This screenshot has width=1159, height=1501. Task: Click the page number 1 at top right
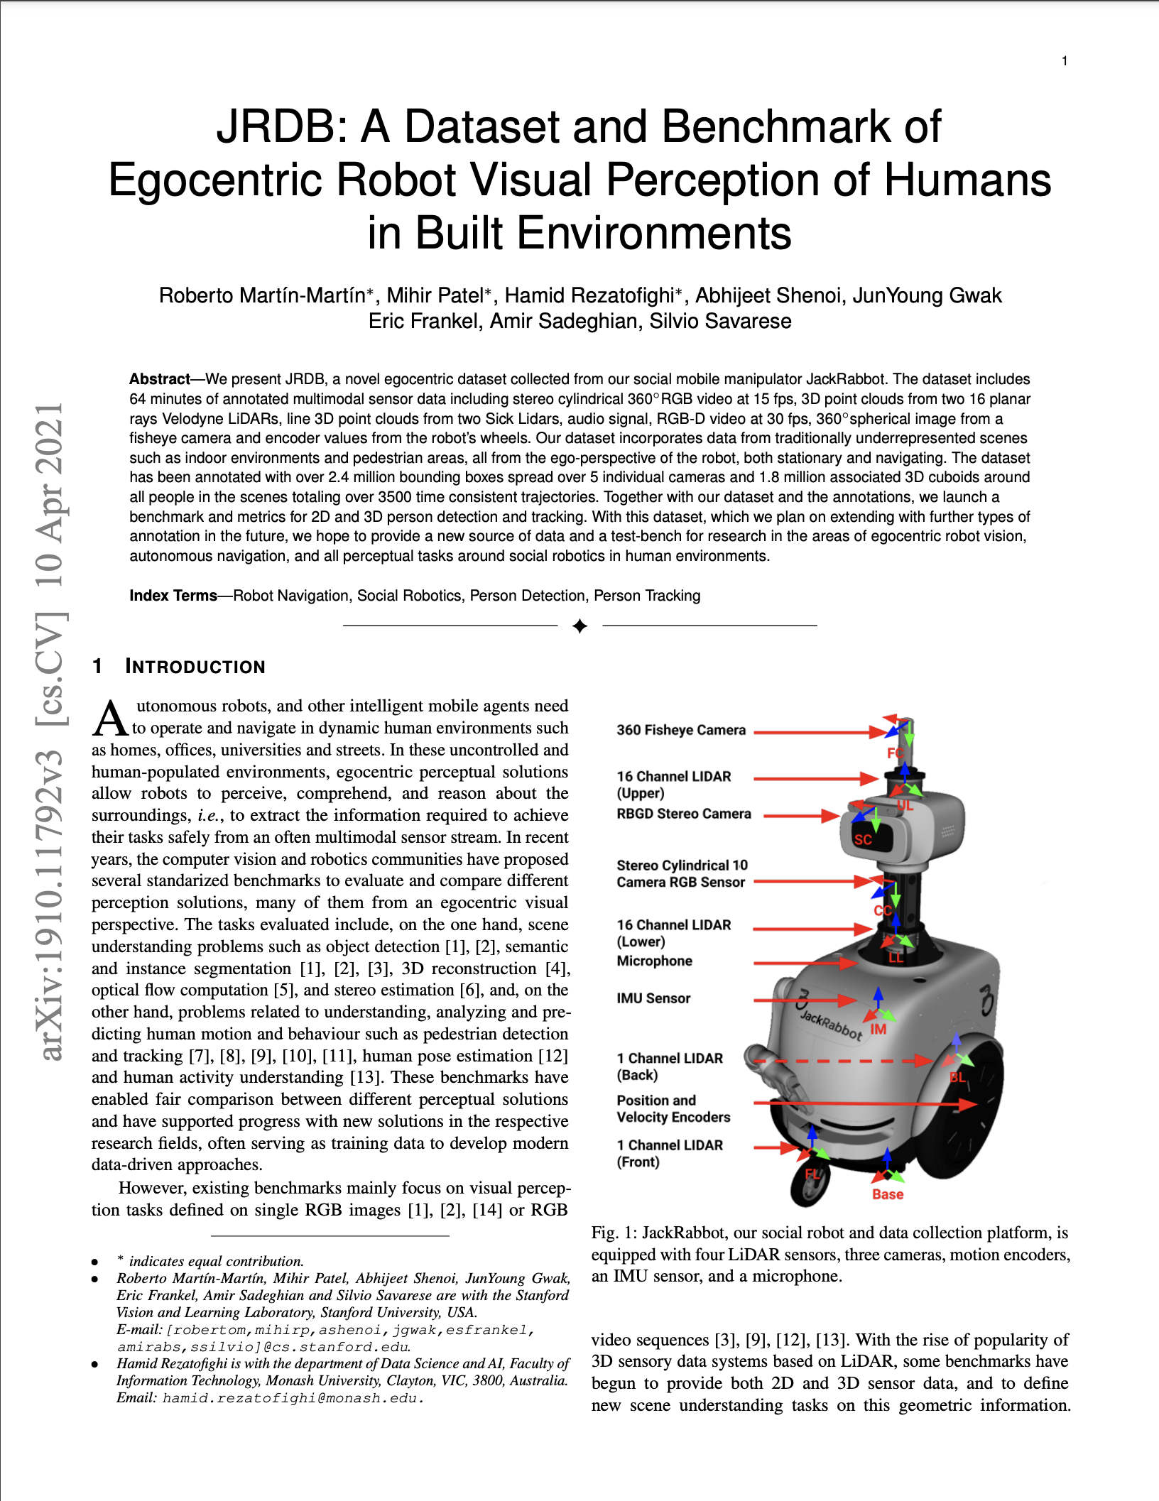point(1065,61)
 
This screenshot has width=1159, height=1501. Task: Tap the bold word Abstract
point(159,379)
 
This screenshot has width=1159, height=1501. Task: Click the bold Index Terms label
point(173,596)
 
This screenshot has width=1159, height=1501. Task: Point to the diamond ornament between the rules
point(579,626)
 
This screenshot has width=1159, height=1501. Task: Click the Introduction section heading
point(195,667)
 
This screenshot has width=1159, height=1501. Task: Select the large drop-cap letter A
point(110,718)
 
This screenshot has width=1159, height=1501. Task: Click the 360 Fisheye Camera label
point(680,730)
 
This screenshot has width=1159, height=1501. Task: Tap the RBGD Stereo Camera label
point(683,814)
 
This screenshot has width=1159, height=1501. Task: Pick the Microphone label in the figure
point(654,961)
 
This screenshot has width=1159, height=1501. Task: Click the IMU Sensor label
point(653,998)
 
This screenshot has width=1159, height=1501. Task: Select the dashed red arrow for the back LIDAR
point(842,1061)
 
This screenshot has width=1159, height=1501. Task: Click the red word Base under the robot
point(888,1194)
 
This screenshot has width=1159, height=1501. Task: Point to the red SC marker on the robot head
point(863,839)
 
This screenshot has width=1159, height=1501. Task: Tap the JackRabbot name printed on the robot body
point(830,1025)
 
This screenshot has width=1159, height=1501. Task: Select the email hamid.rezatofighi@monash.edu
point(293,1398)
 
